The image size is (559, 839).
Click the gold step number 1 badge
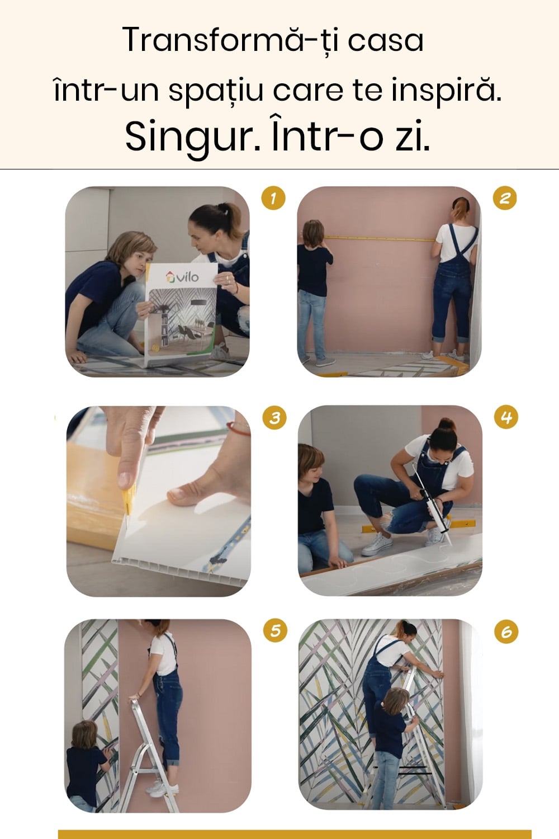pos(273,198)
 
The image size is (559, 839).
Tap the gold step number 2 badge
pos(505,198)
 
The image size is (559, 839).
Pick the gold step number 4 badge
pos(506,417)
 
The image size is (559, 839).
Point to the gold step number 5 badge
pos(275,630)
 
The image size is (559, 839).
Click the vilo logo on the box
pos(182,277)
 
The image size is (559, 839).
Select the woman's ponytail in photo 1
pos(231,218)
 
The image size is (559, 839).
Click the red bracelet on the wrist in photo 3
pos(239,428)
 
